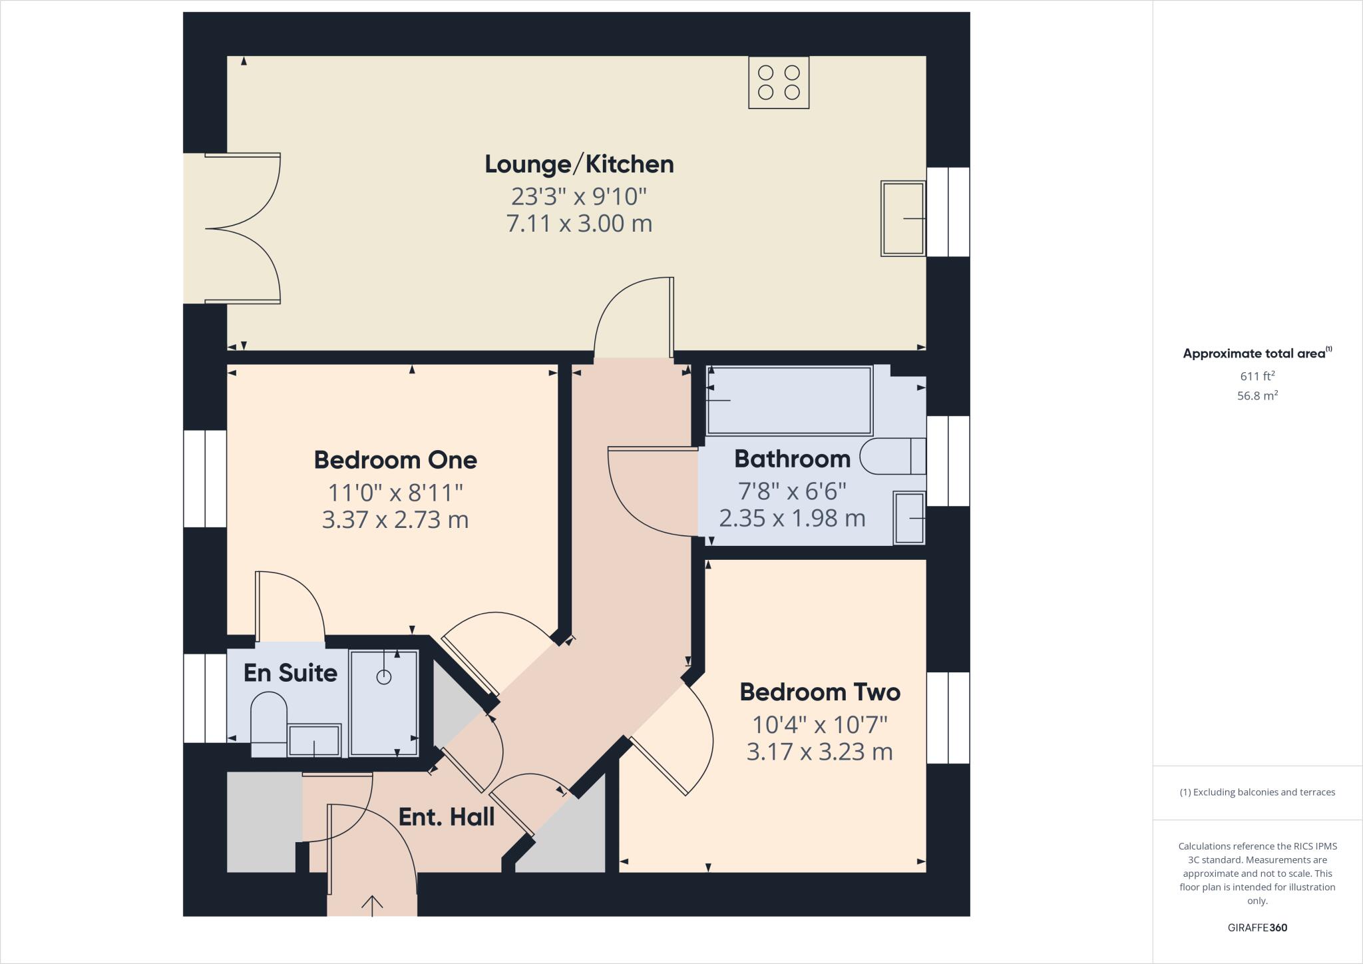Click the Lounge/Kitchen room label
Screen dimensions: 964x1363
579,164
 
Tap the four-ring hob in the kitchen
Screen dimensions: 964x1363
779,83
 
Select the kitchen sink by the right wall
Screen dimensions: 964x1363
903,218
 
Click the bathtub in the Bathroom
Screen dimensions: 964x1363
789,400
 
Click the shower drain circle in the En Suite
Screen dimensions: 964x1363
384,677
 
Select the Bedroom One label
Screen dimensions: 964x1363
395,460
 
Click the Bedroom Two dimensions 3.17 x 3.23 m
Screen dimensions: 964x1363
819,752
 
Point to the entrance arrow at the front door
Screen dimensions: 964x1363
372,905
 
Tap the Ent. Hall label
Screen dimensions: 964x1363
446,817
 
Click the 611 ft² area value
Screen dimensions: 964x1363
1257,376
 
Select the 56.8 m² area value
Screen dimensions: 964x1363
1257,395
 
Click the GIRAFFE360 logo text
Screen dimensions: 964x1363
1257,927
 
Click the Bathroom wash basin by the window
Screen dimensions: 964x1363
909,518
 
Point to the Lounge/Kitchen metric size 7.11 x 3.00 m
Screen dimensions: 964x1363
579,224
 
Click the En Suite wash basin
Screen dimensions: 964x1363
314,740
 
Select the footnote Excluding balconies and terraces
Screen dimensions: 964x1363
1257,792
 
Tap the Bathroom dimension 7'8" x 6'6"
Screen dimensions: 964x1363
792,491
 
